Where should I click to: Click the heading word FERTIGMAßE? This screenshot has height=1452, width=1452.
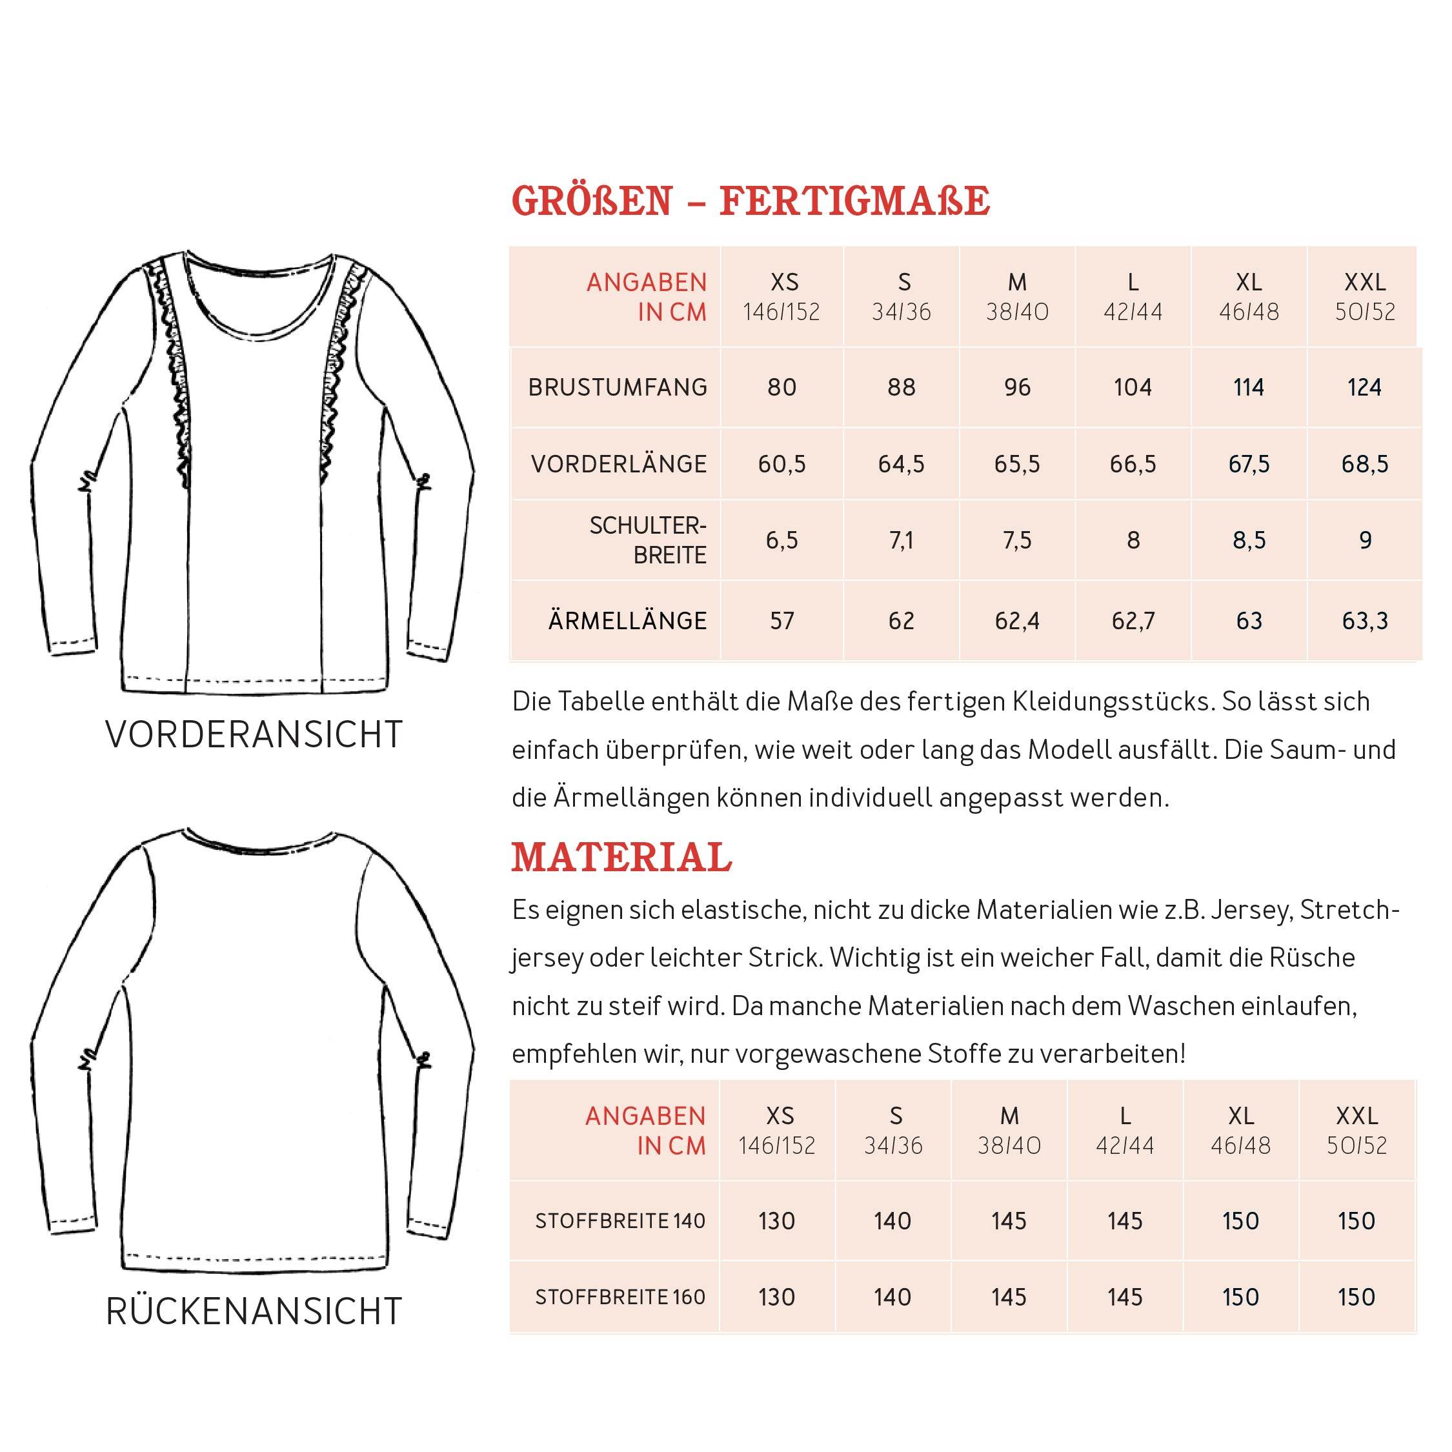[854, 201]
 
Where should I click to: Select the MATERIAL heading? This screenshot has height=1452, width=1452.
[621, 858]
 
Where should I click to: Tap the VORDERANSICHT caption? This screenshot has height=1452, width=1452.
[254, 734]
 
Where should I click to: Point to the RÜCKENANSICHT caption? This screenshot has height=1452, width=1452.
[254, 1311]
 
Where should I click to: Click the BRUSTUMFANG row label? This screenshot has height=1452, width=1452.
[618, 387]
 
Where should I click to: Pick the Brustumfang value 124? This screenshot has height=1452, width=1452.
[1364, 387]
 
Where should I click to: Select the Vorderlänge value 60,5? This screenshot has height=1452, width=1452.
[781, 464]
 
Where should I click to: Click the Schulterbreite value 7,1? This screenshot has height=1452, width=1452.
[901, 539]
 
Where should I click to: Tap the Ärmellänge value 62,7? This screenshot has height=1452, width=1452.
[1133, 621]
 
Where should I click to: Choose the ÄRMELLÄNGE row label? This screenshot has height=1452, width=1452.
[627, 621]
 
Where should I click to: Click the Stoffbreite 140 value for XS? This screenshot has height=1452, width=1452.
[776, 1220]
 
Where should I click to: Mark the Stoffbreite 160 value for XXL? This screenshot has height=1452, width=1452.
[1356, 1296]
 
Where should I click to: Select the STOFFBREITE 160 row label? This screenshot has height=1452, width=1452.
[620, 1297]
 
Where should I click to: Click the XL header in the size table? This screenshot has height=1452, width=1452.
[1248, 283]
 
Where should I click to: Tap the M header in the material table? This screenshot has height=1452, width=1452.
[1009, 1116]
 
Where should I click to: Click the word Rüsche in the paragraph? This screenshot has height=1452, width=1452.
[1311, 958]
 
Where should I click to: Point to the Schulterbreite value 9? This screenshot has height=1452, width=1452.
[1365, 539]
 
